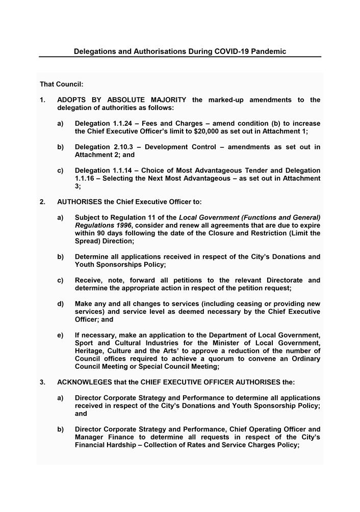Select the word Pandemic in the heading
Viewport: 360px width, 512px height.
[x=268, y=51]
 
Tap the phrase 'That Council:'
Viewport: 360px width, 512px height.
[x=62, y=84]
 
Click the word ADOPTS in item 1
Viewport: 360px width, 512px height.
[x=72, y=100]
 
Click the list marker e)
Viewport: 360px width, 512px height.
[x=61, y=335]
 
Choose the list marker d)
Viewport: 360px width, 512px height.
[x=61, y=304]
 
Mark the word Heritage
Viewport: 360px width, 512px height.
[x=91, y=351]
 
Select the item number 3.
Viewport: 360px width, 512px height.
[x=42, y=382]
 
